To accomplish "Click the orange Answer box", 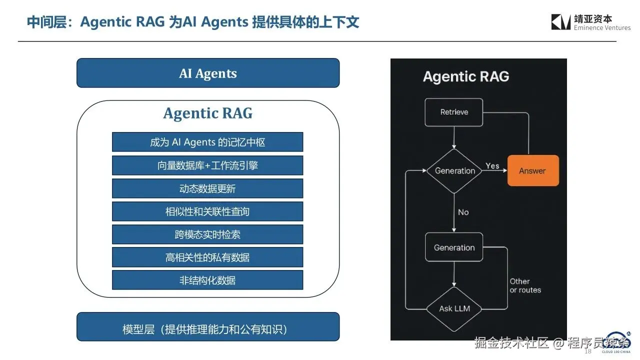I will click(x=533, y=170).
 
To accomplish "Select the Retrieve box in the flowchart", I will click(x=454, y=112).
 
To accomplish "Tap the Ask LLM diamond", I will click(x=454, y=308).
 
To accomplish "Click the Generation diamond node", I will click(x=454, y=170).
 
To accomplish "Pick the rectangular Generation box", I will click(x=454, y=247).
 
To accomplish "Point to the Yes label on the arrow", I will click(x=492, y=166).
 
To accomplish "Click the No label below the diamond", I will click(x=463, y=212).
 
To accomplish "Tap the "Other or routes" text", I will click(x=525, y=285).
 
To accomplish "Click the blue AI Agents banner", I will click(x=208, y=73).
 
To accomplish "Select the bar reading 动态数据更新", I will click(x=207, y=188).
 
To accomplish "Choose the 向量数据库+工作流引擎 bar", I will click(x=207, y=165).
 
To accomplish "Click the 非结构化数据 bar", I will click(x=207, y=280).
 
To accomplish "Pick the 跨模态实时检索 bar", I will click(x=207, y=234).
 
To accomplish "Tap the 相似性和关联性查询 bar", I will click(x=207, y=211).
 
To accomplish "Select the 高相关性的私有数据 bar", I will click(x=207, y=257).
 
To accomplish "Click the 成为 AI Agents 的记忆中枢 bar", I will click(x=207, y=142).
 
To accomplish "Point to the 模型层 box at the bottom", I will click(x=208, y=329).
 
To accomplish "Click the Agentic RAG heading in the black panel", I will click(x=466, y=76).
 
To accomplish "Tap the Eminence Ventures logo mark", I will click(x=561, y=22).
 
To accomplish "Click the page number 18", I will click(x=588, y=351).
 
